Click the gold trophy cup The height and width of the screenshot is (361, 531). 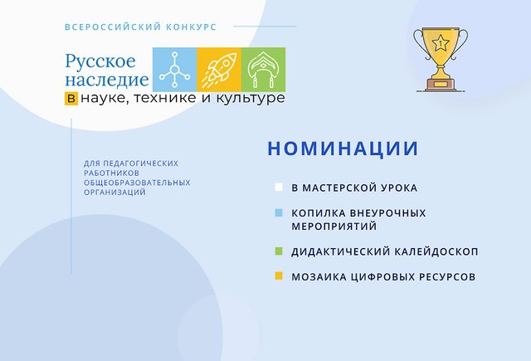pyautogui.click(x=441, y=58)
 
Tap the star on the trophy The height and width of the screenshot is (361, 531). pyautogui.click(x=441, y=43)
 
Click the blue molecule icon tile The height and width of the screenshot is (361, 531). pyautogui.click(x=175, y=70)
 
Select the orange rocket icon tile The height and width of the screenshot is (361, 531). pyautogui.click(x=219, y=70)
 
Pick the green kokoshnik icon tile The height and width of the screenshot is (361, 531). pyautogui.click(x=264, y=70)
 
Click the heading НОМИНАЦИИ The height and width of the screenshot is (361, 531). pyautogui.click(x=343, y=149)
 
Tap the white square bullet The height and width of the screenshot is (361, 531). pyautogui.click(x=279, y=188)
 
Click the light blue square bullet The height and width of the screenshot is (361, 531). pyautogui.click(x=279, y=212)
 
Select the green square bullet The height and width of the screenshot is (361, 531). pyautogui.click(x=279, y=251)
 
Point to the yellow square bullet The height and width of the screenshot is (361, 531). pyautogui.click(x=279, y=276)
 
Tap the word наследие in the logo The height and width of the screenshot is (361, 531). pyautogui.click(x=107, y=80)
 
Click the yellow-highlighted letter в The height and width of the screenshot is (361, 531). pyautogui.click(x=71, y=98)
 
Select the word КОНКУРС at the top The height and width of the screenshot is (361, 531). pyautogui.click(x=191, y=27)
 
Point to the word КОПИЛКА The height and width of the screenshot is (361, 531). pyautogui.click(x=318, y=213)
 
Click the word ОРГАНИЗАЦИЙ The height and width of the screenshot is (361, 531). pyautogui.click(x=114, y=192)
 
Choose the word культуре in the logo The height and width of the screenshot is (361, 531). pyautogui.click(x=251, y=98)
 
